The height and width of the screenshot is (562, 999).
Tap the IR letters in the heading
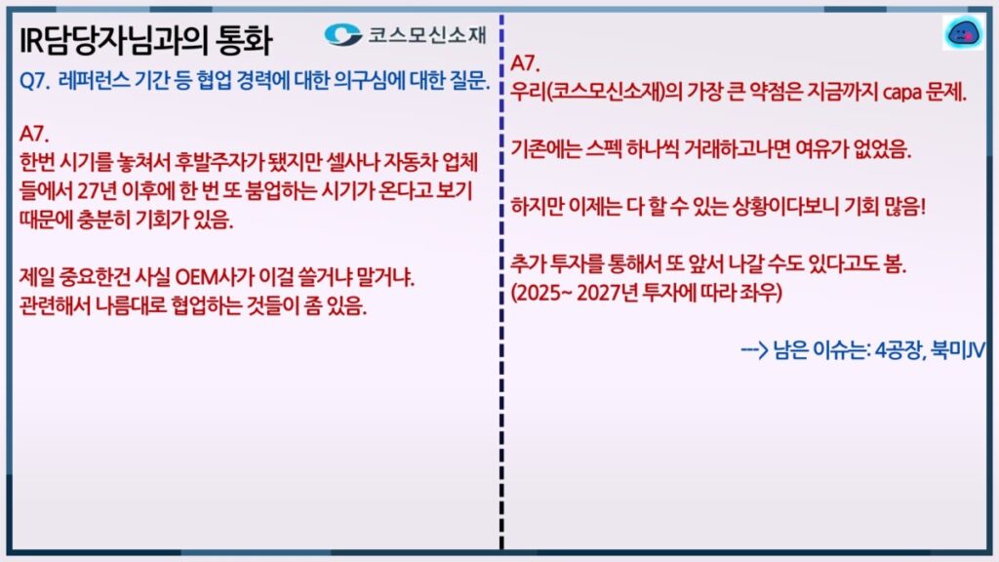point(31,41)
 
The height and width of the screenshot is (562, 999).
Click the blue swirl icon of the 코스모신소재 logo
point(342,34)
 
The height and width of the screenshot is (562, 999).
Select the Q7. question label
point(35,82)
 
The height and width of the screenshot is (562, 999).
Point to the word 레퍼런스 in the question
point(94,81)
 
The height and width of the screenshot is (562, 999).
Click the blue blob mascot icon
point(964,33)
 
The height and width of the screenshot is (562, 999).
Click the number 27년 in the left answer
point(98,191)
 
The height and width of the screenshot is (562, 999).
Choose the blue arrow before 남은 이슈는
point(754,350)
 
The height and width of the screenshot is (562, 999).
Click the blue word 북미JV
point(959,350)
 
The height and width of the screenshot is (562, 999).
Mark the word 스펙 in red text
point(605,149)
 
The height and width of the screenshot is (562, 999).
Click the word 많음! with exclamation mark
point(904,207)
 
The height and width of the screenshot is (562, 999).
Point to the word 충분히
point(104,220)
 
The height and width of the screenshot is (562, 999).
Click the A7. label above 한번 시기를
point(34,135)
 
